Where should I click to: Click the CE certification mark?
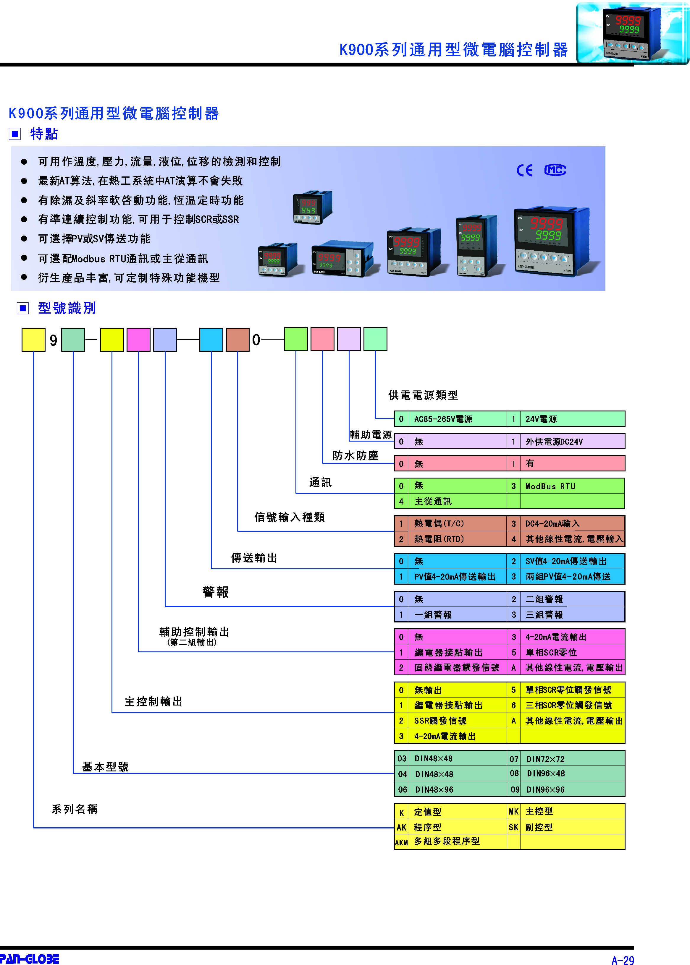pos(524,171)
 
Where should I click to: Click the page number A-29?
pos(623,960)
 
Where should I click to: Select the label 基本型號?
pos(105,767)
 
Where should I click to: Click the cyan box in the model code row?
pos(211,339)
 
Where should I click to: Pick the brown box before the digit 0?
pos(237,339)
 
